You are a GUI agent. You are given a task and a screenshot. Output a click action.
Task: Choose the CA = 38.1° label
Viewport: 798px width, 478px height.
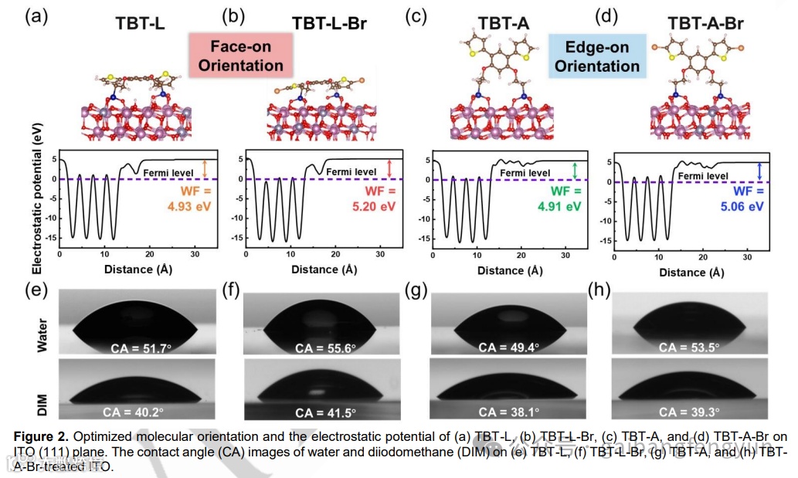tap(508, 412)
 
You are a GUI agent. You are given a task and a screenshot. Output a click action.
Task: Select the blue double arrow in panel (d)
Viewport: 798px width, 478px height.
tap(761, 171)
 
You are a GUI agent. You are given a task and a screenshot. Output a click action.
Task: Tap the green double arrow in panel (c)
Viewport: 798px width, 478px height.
tap(574, 170)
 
